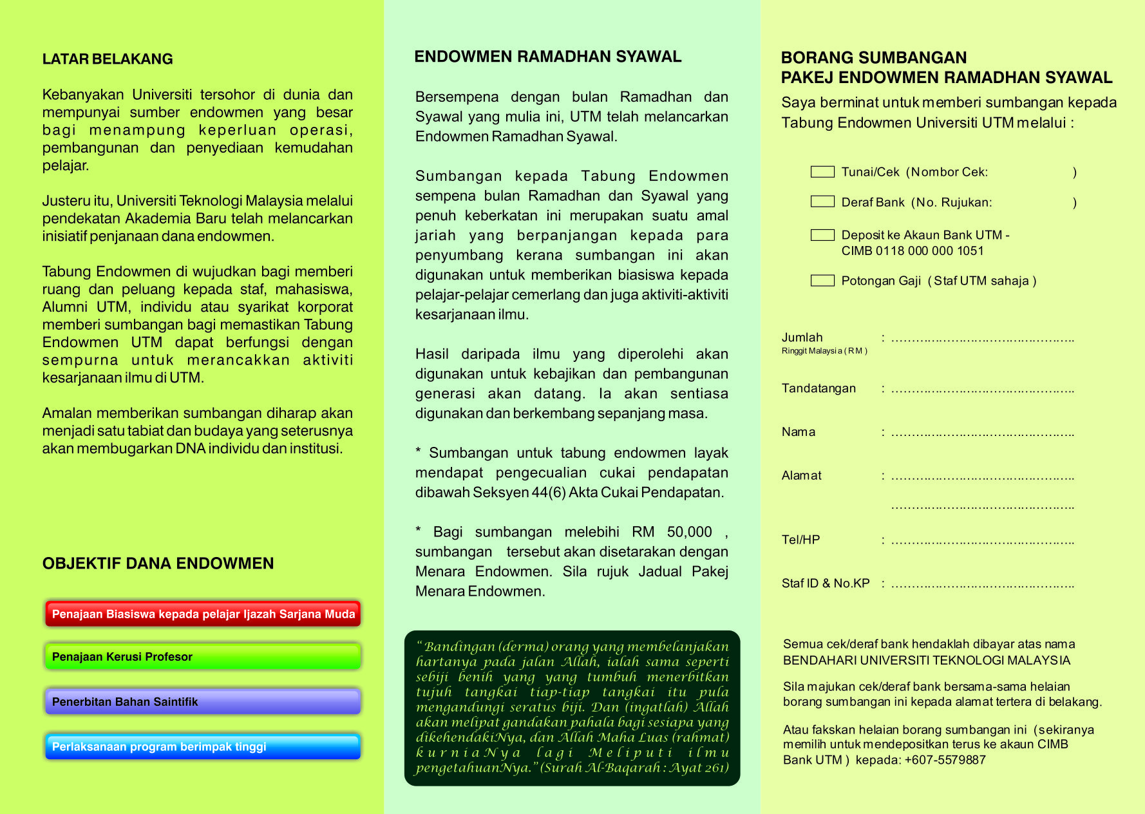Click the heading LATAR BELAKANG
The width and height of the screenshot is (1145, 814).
tap(108, 59)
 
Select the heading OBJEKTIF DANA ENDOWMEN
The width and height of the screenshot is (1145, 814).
tap(158, 563)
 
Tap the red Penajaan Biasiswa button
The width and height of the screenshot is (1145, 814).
tap(203, 614)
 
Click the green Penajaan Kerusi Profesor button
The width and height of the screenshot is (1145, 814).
tap(203, 657)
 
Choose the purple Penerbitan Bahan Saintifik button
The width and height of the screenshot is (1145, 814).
tap(203, 702)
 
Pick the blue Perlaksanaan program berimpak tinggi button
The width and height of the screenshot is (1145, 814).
tap(203, 747)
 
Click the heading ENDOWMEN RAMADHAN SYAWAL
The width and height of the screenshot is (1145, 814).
tap(547, 57)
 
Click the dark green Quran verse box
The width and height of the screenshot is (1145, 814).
tap(572, 708)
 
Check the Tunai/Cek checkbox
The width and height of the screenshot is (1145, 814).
tap(822, 172)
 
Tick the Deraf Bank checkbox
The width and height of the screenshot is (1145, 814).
tap(822, 202)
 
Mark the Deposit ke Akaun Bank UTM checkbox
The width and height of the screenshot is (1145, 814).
tap(822, 235)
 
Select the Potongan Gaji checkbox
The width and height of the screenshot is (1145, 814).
tap(822, 280)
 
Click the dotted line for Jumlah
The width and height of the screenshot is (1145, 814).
tap(982, 339)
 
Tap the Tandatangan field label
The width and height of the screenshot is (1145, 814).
tap(819, 388)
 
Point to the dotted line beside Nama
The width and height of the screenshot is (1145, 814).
tap(982, 434)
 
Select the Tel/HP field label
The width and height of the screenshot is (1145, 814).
tap(800, 540)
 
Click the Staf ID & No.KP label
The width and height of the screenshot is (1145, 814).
tap(826, 583)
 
